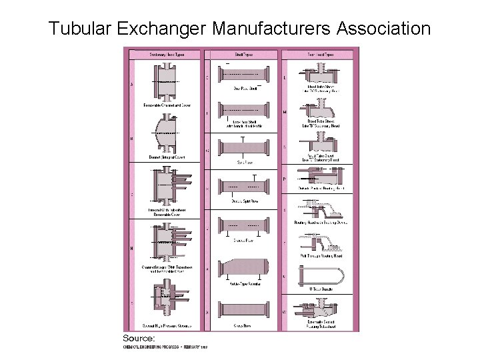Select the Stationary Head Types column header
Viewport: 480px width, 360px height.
tap(166, 54)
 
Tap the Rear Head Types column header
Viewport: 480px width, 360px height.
tap(320, 54)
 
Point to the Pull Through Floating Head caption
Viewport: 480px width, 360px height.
tap(320, 255)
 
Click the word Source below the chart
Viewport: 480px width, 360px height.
tap(139, 339)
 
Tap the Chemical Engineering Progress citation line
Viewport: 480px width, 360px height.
tap(165, 347)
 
